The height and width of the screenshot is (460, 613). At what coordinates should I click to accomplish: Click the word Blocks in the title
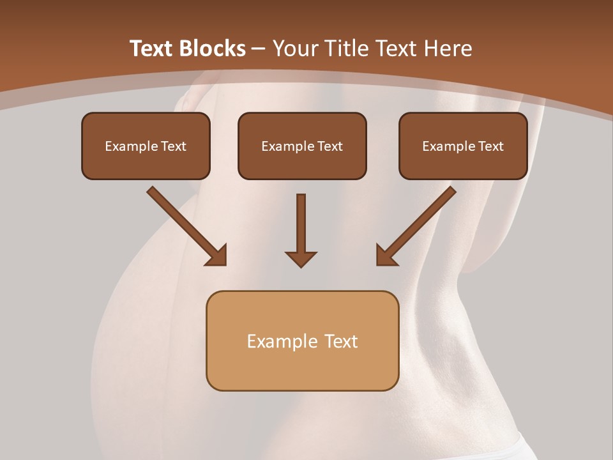click(211, 49)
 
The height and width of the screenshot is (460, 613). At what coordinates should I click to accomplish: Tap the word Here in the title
click(448, 49)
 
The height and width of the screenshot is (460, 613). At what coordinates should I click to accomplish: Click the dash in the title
click(259, 49)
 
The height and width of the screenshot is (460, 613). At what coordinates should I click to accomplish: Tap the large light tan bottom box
click(302, 367)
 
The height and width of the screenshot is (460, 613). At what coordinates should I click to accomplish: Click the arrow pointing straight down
click(301, 224)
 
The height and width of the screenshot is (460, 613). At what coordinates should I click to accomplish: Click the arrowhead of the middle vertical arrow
click(301, 259)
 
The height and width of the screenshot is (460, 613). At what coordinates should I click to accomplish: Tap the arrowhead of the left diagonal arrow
click(217, 256)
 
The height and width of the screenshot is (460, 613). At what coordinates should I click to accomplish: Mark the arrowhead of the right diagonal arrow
click(386, 256)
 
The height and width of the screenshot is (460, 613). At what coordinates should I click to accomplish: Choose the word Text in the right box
click(490, 146)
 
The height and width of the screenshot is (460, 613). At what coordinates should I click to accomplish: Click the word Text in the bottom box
click(341, 341)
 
